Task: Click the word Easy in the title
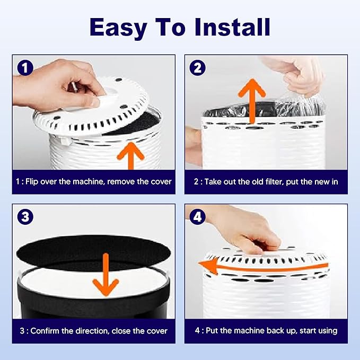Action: [118, 28]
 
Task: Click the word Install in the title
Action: [232, 27]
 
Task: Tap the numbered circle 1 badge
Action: [25, 67]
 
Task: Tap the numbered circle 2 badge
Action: [197, 67]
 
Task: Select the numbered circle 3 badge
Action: [25, 217]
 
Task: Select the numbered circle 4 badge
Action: [197, 217]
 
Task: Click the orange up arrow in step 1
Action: [131, 156]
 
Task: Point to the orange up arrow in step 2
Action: [252, 101]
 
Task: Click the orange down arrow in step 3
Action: [106, 274]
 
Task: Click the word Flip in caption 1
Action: [31, 182]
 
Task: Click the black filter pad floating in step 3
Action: [94, 250]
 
